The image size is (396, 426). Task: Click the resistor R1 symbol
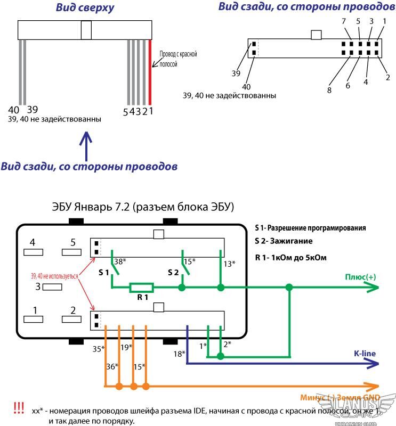(x=141, y=288)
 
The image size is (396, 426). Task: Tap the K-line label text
(x=365, y=353)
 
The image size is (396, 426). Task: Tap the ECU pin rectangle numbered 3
(x=52, y=287)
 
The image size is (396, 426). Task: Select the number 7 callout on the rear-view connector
(x=344, y=21)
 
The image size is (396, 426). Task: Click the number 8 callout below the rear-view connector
(x=329, y=90)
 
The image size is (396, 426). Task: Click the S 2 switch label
(x=173, y=273)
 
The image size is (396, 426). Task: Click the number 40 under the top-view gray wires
(x=14, y=110)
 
